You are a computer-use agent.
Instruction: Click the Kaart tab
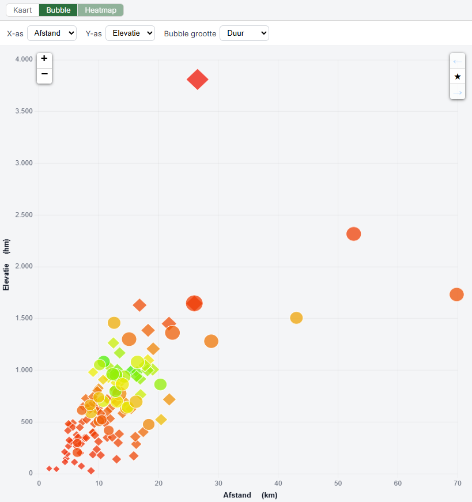coord(22,10)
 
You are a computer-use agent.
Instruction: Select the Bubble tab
coord(58,10)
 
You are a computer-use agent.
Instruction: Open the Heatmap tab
coord(100,10)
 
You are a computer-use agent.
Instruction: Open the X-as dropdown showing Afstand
coord(52,33)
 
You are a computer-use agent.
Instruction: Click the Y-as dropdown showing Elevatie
coord(130,33)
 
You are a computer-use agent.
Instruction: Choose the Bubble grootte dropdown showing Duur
coord(244,33)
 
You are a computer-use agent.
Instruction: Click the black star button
coord(458,77)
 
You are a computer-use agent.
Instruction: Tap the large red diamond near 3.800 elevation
coord(198,80)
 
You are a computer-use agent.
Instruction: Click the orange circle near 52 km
coord(353,234)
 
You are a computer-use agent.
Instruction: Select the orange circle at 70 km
coord(456,294)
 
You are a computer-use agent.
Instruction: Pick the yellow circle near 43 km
coord(296,318)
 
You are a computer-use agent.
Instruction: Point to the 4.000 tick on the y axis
coord(24,59)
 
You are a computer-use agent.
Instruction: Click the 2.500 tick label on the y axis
coord(24,215)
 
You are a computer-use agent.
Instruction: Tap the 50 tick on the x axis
coord(338,484)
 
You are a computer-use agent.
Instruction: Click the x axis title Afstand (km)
coord(250,495)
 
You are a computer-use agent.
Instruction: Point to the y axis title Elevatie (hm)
coord(6,265)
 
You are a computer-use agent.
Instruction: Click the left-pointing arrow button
coord(458,61)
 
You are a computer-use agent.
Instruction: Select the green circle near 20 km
coord(160,384)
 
